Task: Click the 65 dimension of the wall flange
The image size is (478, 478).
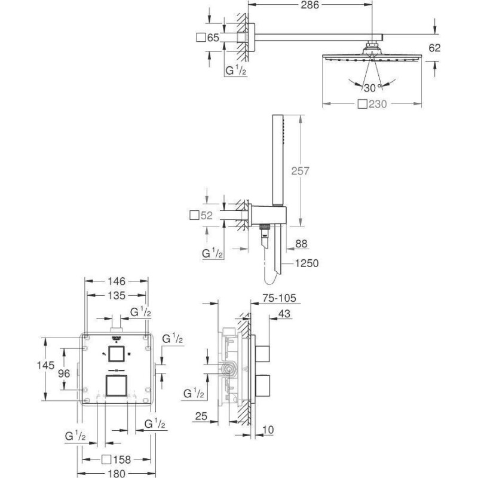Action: [x=213, y=38]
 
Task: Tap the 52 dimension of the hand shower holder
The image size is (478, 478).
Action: [x=206, y=215]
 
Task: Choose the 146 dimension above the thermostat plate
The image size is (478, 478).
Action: [x=115, y=280]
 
